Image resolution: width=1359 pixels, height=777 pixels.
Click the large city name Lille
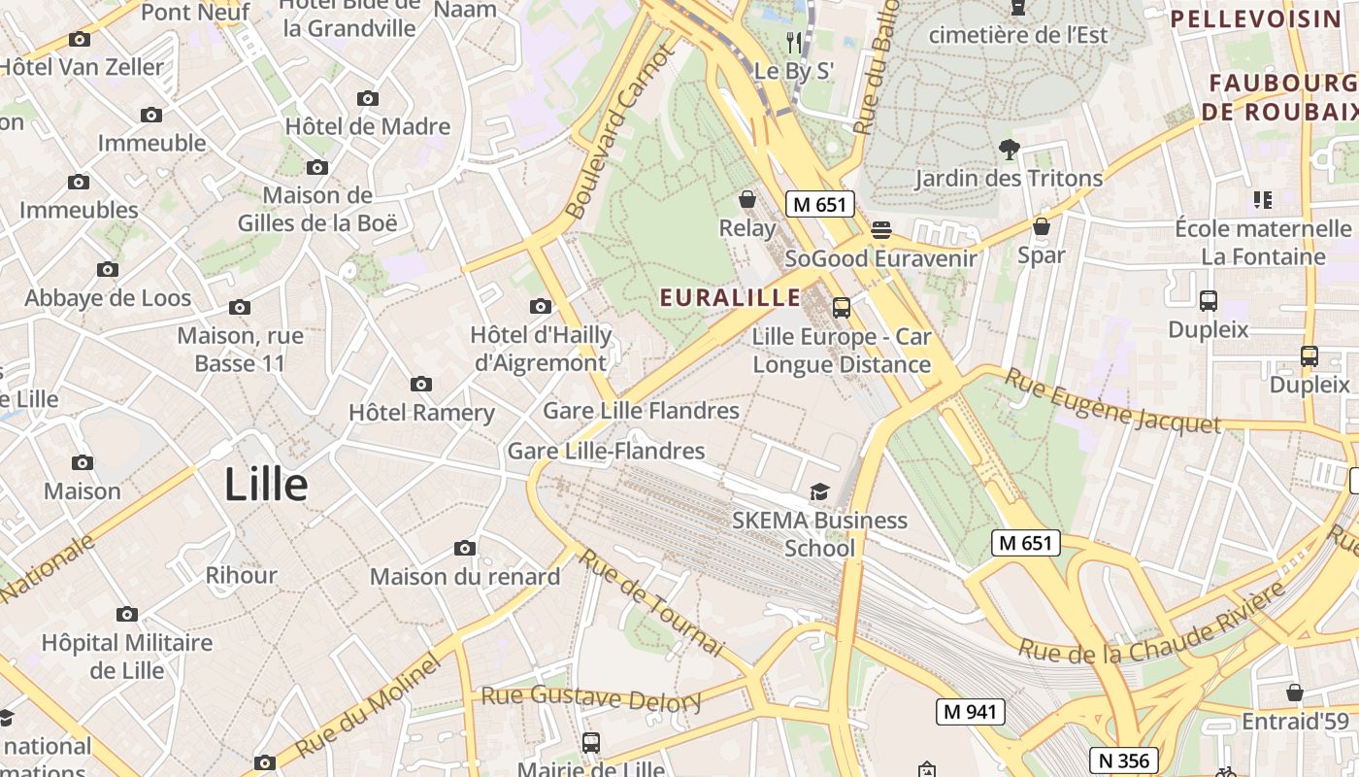click(x=266, y=485)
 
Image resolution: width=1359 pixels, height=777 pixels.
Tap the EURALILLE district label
click(x=730, y=297)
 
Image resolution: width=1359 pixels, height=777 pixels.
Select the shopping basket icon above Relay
click(x=747, y=200)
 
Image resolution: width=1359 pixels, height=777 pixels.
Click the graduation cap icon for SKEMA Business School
click(x=820, y=491)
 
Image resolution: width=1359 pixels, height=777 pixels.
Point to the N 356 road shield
click(x=1123, y=760)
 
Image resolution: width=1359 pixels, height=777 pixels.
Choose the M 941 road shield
click(x=970, y=712)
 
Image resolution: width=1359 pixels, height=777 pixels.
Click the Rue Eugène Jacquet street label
click(x=1111, y=400)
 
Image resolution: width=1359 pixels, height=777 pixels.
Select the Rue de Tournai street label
click(x=651, y=601)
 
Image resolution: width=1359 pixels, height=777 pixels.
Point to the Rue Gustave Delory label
click(x=591, y=697)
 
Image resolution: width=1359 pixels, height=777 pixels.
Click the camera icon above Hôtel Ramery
click(x=421, y=385)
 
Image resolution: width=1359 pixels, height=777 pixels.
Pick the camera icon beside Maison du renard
click(x=465, y=549)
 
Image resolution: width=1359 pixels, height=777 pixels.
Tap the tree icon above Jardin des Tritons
click(x=1010, y=149)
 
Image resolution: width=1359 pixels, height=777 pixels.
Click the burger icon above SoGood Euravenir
click(x=881, y=230)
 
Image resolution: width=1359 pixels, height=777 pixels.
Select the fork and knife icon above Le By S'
click(x=794, y=42)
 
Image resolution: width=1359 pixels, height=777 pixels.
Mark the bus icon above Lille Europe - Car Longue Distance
click(x=842, y=308)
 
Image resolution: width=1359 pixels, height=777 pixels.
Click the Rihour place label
click(x=241, y=575)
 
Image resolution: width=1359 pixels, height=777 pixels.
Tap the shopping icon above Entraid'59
click(x=1295, y=693)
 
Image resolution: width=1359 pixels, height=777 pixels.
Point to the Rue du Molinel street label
click(x=368, y=706)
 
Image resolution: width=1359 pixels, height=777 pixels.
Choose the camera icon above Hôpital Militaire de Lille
click(x=127, y=614)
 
